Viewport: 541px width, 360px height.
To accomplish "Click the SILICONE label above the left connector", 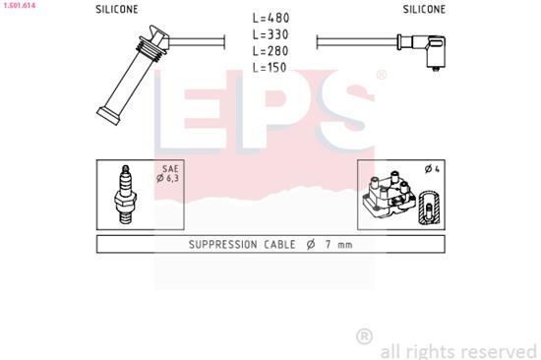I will [117, 9].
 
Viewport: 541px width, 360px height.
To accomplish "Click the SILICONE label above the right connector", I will [424, 9].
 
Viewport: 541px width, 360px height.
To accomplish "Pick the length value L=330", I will [271, 35].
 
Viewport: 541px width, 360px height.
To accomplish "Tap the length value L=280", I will [271, 50].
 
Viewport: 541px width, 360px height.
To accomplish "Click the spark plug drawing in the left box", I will [125, 192].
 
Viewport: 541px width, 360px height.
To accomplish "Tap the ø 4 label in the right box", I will [430, 169].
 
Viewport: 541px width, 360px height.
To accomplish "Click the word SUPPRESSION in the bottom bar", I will [208, 243].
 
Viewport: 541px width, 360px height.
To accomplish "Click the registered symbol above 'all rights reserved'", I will [364, 335].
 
